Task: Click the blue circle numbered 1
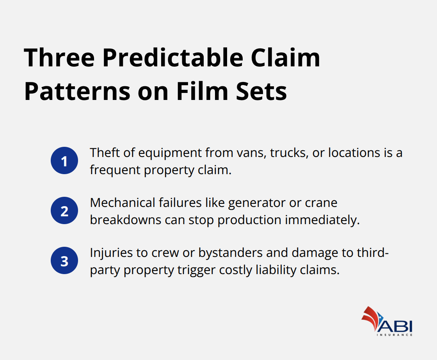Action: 64,160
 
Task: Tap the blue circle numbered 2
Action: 64,211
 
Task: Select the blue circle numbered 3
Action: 64,261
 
